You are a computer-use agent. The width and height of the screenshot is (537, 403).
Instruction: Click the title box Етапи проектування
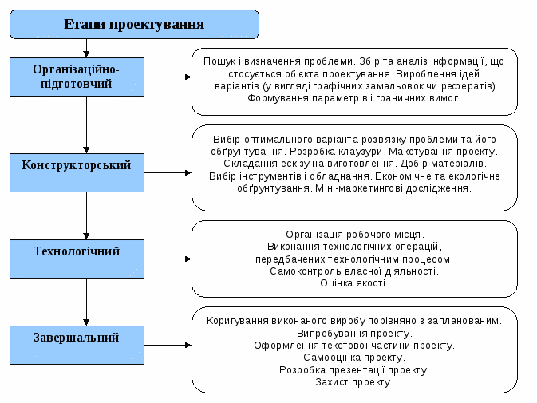pyautogui.click(x=134, y=24)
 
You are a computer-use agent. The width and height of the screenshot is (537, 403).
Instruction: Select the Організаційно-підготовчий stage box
pyautogui.click(x=77, y=77)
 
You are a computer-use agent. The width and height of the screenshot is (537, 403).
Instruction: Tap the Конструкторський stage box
pyautogui.click(x=77, y=165)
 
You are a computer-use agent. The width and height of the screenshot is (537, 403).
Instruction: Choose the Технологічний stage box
pyautogui.click(x=77, y=251)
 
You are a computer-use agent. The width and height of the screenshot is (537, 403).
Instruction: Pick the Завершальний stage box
pyautogui.click(x=77, y=338)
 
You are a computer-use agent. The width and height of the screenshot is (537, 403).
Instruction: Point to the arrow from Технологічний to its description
pyautogui.click(x=168, y=259)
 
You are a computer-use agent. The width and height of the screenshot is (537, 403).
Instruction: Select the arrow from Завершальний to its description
pyautogui.click(x=168, y=345)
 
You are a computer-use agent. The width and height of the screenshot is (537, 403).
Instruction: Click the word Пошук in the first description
pyautogui.click(x=219, y=61)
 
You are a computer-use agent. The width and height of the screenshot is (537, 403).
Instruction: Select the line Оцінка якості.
pyautogui.click(x=354, y=283)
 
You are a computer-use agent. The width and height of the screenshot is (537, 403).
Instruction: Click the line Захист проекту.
pyautogui.click(x=354, y=382)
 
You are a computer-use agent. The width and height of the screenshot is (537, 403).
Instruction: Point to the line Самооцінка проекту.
pyautogui.click(x=354, y=358)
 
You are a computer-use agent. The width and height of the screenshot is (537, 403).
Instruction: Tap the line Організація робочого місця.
pyautogui.click(x=354, y=234)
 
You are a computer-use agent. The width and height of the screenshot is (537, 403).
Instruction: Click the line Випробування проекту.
pyautogui.click(x=354, y=333)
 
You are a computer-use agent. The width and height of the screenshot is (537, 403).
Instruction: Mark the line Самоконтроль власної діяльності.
pyautogui.click(x=354, y=271)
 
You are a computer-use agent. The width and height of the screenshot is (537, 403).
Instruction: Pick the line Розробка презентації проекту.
pyautogui.click(x=354, y=369)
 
